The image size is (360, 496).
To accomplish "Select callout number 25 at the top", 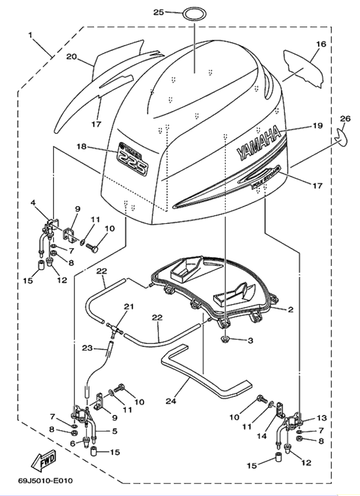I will pyautogui.click(x=158, y=12).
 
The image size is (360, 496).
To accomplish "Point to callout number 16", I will pyautogui.click(x=321, y=44).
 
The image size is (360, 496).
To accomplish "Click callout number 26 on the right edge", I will pyautogui.click(x=344, y=118).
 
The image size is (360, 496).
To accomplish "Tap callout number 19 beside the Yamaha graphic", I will pyautogui.click(x=317, y=126).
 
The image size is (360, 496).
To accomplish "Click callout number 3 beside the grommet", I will pyautogui.click(x=251, y=340).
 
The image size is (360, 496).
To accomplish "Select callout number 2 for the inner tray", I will pyautogui.click(x=290, y=310).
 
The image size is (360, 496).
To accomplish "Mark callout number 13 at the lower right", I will pyautogui.click(x=322, y=417).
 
